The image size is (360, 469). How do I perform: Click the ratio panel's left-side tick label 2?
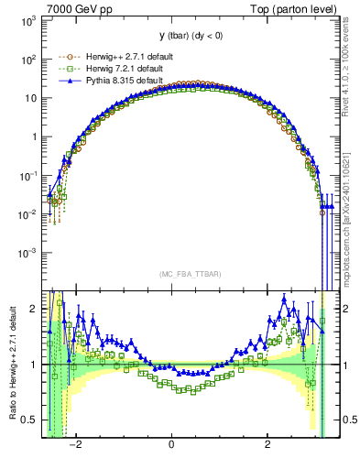(x=34, y=309)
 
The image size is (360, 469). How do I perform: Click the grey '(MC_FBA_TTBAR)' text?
(x=184, y=274)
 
